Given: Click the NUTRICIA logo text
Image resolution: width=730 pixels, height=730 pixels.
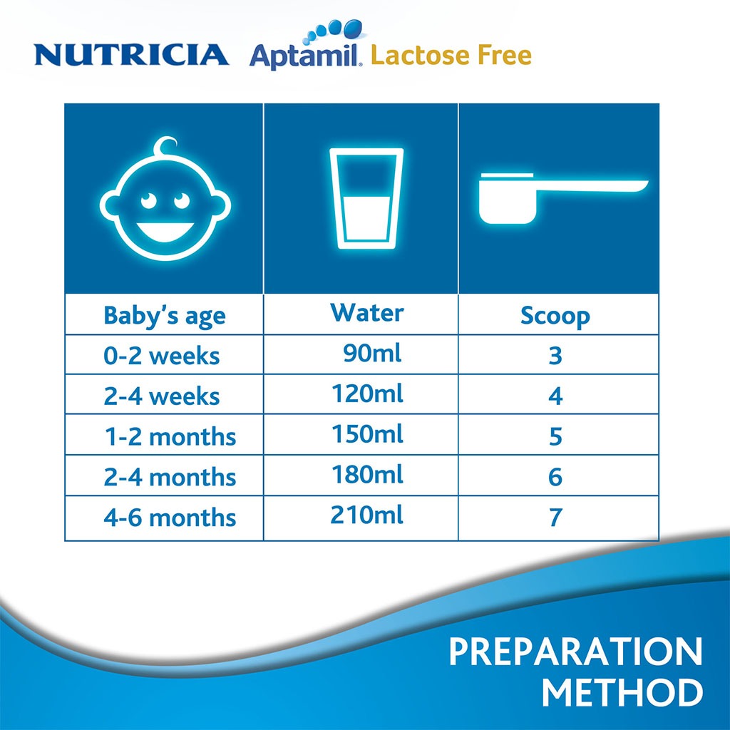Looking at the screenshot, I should coord(132,54).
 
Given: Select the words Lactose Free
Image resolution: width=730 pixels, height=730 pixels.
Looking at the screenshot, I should coord(451,55).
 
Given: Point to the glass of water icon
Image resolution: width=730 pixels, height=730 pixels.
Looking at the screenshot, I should coord(366,197).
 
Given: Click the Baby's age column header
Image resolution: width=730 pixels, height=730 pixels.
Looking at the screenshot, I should coord(165,315).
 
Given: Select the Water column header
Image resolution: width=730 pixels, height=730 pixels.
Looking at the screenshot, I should coord(366,312).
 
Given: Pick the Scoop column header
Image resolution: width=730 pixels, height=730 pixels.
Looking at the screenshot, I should coord(555,316).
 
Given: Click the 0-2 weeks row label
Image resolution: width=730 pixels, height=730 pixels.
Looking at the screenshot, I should coord(162,356).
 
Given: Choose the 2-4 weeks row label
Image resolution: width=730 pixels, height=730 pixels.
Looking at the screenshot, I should coord(162,396).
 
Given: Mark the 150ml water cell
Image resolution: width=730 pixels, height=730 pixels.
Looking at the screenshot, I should coord(367,434).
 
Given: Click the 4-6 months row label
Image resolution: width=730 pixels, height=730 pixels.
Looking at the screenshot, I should coord(170,517).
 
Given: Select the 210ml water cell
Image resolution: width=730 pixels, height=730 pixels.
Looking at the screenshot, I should coord(366,514).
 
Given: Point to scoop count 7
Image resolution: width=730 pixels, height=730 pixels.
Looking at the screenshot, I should coord(555,518).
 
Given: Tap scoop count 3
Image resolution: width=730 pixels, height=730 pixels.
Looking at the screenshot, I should coord(555,356).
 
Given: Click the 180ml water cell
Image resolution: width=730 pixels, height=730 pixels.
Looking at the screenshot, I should coord(367,474).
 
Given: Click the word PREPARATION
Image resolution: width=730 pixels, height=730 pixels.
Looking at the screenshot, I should coord(575,652).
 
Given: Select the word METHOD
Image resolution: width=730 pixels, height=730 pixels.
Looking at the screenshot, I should coord(622,694).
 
